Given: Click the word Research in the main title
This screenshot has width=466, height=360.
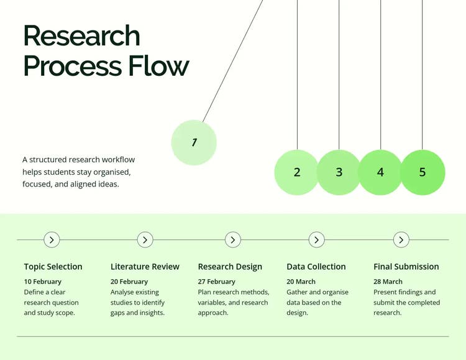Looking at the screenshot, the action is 81,35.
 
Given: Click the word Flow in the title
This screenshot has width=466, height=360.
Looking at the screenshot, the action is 158,65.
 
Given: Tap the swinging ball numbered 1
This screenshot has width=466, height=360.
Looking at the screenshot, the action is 194,142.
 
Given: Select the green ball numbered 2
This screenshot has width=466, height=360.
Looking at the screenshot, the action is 297,173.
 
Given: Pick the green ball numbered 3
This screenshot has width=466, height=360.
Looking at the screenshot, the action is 339,173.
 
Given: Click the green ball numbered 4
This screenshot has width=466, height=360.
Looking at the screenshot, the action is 380,173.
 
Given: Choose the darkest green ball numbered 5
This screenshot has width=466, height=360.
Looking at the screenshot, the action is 423,173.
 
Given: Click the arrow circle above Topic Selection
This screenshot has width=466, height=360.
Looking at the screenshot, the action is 52,240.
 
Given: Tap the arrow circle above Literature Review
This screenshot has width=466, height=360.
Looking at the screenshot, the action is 145,240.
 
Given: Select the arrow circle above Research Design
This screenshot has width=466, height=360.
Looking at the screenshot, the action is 233,240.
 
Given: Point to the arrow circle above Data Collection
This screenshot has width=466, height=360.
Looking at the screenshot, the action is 316,240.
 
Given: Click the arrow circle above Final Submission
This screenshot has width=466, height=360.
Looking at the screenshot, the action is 401,240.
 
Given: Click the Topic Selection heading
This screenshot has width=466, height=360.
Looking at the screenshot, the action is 53,267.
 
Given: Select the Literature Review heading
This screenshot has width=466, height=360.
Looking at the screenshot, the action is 145,267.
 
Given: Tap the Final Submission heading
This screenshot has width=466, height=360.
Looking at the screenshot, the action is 406,267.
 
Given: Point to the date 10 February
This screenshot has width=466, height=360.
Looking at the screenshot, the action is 43,282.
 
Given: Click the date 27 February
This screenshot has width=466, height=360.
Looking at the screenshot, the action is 217,282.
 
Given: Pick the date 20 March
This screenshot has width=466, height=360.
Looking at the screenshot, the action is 301,282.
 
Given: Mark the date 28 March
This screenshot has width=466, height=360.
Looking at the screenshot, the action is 388,282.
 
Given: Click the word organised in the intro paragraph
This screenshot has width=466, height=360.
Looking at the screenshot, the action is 112,172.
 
